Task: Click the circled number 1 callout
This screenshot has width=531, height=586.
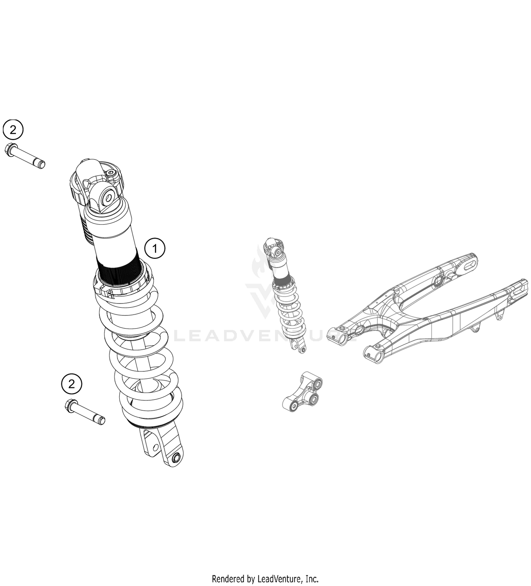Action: [155, 249]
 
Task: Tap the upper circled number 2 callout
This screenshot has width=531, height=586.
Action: [13, 130]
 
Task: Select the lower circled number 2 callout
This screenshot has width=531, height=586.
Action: [72, 384]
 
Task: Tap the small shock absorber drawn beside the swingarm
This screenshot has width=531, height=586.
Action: [285, 294]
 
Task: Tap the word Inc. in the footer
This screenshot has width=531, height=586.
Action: [312, 579]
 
